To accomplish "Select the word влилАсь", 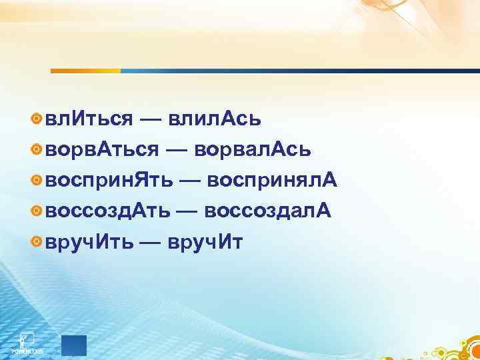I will pyautogui.click(x=215, y=119).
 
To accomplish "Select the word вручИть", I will pyautogui.click(x=87, y=242).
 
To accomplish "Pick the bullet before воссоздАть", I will pyautogui.click(x=37, y=211).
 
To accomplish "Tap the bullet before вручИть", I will pyautogui.click(x=37, y=241).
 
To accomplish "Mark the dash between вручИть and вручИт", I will pyautogui.click(x=150, y=242).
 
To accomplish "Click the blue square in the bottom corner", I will pyautogui.click(x=74, y=345).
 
